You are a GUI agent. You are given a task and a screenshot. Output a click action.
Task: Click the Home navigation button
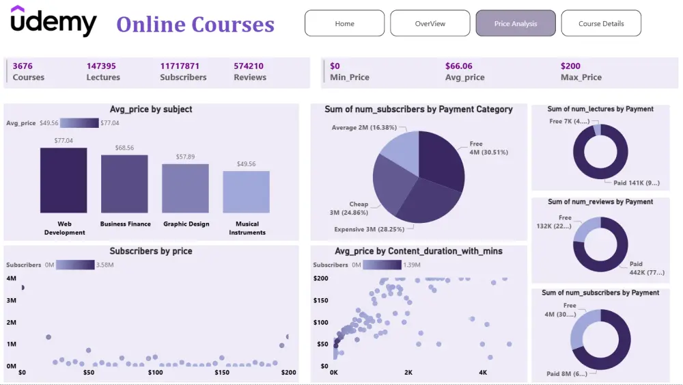tap(345, 23)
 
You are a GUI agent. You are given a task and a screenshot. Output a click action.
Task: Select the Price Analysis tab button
tap(516, 23)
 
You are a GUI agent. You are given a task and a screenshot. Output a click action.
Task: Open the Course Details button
tap(601, 23)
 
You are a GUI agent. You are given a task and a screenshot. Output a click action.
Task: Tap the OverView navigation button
tap(430, 23)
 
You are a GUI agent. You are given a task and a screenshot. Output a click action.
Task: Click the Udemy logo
tap(54, 21)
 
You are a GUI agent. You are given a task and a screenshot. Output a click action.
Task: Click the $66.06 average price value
tap(459, 66)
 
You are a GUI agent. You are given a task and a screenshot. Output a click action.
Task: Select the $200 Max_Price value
tap(570, 66)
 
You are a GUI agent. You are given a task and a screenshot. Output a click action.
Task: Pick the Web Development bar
tap(64, 180)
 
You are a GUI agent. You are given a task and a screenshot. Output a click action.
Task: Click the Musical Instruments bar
tap(246, 191)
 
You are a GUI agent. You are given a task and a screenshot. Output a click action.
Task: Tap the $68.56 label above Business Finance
tap(124, 148)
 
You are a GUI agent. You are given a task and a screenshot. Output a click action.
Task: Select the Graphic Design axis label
tap(186, 224)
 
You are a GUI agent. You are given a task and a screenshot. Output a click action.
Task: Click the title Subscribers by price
tap(151, 251)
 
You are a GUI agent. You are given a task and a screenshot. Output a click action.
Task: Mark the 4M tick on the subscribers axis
tap(12, 278)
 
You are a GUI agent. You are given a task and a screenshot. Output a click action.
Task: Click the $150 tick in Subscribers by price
tap(222, 373)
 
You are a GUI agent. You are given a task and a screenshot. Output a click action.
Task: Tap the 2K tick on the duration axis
tap(408, 373)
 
